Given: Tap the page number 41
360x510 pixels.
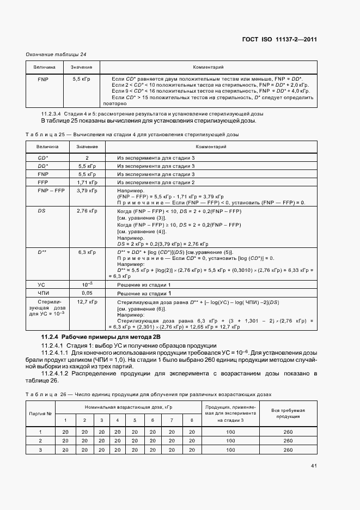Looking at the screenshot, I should tap(314, 465).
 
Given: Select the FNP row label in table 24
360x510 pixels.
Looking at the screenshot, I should tap(44, 79).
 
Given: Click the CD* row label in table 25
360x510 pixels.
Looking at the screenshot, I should tap(44, 157).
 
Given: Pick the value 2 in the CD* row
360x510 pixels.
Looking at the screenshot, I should tap(87, 157).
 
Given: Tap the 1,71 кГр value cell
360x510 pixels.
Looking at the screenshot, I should tap(87, 182).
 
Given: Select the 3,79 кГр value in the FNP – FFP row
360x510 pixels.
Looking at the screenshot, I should tap(87, 191).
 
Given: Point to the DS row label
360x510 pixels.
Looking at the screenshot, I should tap(42, 210).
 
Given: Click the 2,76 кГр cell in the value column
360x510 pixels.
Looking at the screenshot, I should tap(87, 210).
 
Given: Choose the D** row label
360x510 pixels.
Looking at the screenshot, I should tap(42, 252).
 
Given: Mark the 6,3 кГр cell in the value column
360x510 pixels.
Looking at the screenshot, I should tap(87, 252).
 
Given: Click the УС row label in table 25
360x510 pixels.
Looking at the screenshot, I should tap(41, 284).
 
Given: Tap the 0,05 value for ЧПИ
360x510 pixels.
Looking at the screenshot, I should tap(87, 293).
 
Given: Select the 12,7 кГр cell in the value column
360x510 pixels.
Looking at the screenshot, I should tap(87, 301).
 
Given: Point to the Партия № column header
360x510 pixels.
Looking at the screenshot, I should tap(40, 414).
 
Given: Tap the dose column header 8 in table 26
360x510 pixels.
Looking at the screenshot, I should tap(192, 420).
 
